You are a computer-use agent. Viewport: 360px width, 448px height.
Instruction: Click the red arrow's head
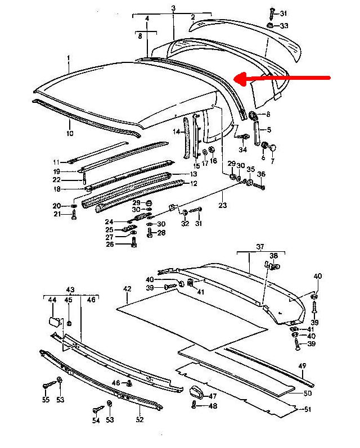coord(241,78)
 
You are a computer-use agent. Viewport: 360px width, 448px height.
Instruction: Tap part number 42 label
coord(127,289)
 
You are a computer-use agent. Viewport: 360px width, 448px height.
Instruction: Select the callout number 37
coord(260,246)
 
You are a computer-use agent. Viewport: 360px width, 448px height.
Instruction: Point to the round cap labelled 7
coord(273,147)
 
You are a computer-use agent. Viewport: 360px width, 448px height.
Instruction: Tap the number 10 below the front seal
coord(70,133)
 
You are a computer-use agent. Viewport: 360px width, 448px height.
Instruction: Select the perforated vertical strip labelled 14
coord(186,137)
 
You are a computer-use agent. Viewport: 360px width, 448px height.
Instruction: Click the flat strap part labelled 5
coord(256,133)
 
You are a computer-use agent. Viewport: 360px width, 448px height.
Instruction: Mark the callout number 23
coord(222,205)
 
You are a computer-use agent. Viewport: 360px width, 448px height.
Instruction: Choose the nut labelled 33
coord(269,25)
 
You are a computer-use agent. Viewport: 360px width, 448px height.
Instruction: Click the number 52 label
coord(139,419)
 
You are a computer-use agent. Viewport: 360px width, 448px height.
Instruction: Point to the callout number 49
coord(302,366)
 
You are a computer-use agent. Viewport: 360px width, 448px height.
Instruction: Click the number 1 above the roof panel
coord(68,58)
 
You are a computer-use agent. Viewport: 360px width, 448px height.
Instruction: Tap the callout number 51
coord(307,409)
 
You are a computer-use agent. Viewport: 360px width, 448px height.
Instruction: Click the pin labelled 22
coord(84,179)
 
